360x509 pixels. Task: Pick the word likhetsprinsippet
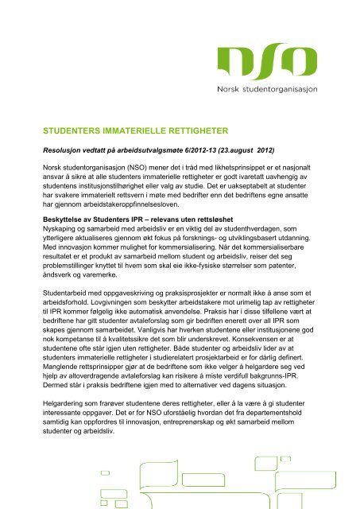(242, 169)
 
